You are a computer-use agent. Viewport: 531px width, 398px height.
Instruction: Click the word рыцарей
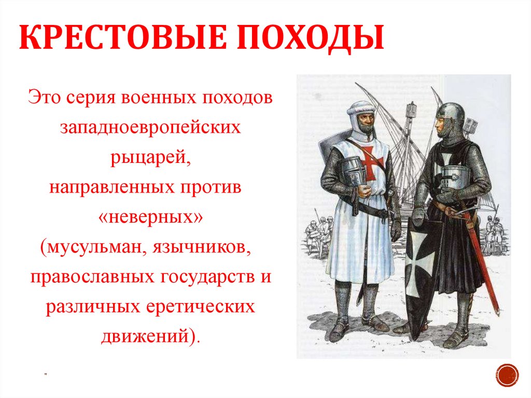(150, 157)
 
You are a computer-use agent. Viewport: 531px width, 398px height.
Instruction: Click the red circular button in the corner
(507, 374)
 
